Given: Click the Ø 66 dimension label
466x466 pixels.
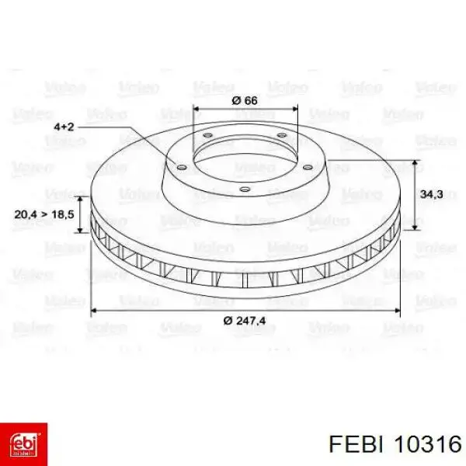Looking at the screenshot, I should tap(245, 100).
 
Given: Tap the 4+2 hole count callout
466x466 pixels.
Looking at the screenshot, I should tap(64, 126).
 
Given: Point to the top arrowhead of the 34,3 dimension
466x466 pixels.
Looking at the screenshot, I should tap(417, 163).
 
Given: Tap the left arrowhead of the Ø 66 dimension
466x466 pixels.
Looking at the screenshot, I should tap(195, 110).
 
